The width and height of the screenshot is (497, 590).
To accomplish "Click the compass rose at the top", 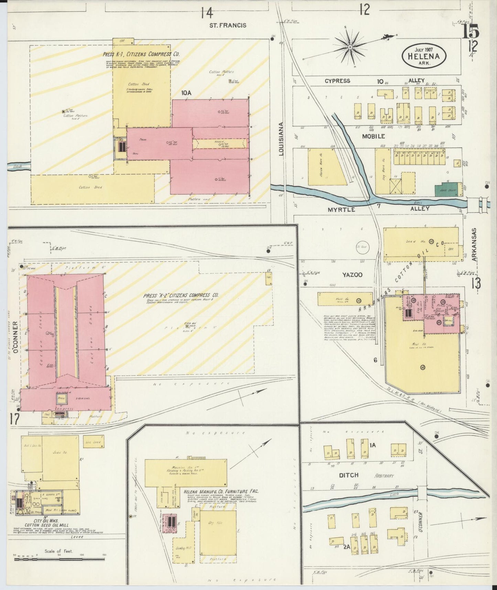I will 350,47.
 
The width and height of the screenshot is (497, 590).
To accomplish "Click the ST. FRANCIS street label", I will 228,25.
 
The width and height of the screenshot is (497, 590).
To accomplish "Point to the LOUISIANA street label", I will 281,139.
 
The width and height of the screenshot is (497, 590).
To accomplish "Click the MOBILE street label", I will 373,136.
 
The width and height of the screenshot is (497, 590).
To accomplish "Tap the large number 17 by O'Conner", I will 14,419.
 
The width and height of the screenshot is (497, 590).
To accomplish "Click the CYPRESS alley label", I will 337,81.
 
